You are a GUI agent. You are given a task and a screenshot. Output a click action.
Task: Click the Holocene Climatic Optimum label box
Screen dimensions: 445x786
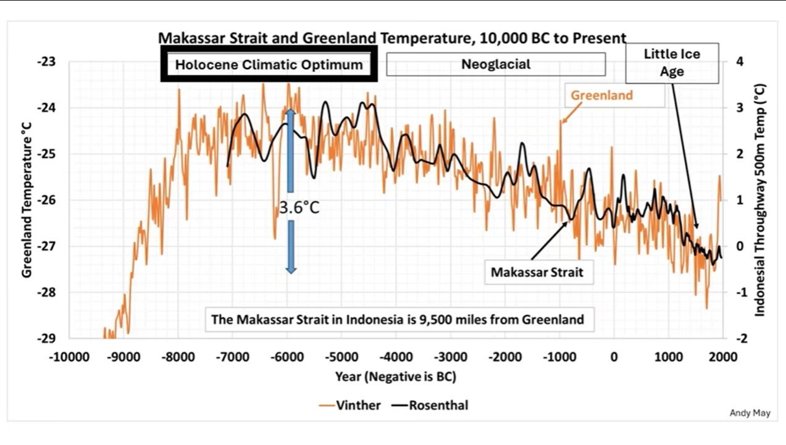(x=269, y=64)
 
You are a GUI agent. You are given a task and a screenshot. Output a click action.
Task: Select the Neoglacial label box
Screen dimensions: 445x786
(x=496, y=64)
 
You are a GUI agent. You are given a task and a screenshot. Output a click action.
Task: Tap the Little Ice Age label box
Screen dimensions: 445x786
(x=672, y=63)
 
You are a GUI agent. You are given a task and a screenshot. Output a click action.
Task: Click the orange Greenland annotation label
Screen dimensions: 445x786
(x=601, y=96)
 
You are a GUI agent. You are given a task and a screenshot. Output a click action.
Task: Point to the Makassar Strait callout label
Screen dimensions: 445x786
(x=537, y=272)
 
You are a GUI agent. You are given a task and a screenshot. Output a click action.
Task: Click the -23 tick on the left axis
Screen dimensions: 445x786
(x=47, y=62)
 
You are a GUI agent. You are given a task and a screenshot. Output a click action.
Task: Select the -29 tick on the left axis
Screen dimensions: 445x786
(x=47, y=338)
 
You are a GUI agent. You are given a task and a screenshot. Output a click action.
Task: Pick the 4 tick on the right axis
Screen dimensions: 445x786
(x=739, y=62)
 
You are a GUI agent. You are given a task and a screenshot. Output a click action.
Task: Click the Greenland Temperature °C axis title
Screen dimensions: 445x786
(x=27, y=200)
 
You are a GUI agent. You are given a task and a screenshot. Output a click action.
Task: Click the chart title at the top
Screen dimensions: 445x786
(x=393, y=38)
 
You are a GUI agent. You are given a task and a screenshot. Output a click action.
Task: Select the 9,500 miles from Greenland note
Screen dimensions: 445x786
(x=397, y=320)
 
